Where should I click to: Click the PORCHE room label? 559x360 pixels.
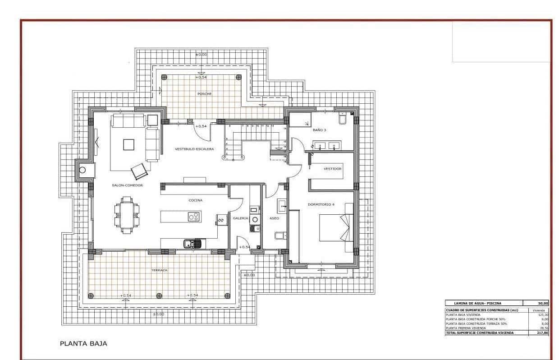204,94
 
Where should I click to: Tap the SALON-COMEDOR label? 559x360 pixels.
128,185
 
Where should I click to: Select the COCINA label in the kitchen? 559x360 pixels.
195,200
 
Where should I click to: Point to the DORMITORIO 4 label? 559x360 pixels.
321,204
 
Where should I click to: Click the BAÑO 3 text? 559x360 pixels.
319,130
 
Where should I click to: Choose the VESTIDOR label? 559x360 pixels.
333,169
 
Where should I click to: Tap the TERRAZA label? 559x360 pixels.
159,270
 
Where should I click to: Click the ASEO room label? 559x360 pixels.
274,218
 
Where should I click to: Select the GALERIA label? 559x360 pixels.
241,218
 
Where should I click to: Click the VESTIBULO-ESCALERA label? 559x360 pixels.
194,149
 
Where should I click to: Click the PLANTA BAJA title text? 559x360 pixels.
83,343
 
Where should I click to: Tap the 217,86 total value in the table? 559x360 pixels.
542,332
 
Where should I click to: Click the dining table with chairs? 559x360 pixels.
127,216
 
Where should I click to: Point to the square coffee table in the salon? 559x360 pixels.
129,144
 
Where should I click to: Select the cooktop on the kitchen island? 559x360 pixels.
194,217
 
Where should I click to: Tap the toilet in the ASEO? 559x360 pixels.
279,235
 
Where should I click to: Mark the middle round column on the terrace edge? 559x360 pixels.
159,296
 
